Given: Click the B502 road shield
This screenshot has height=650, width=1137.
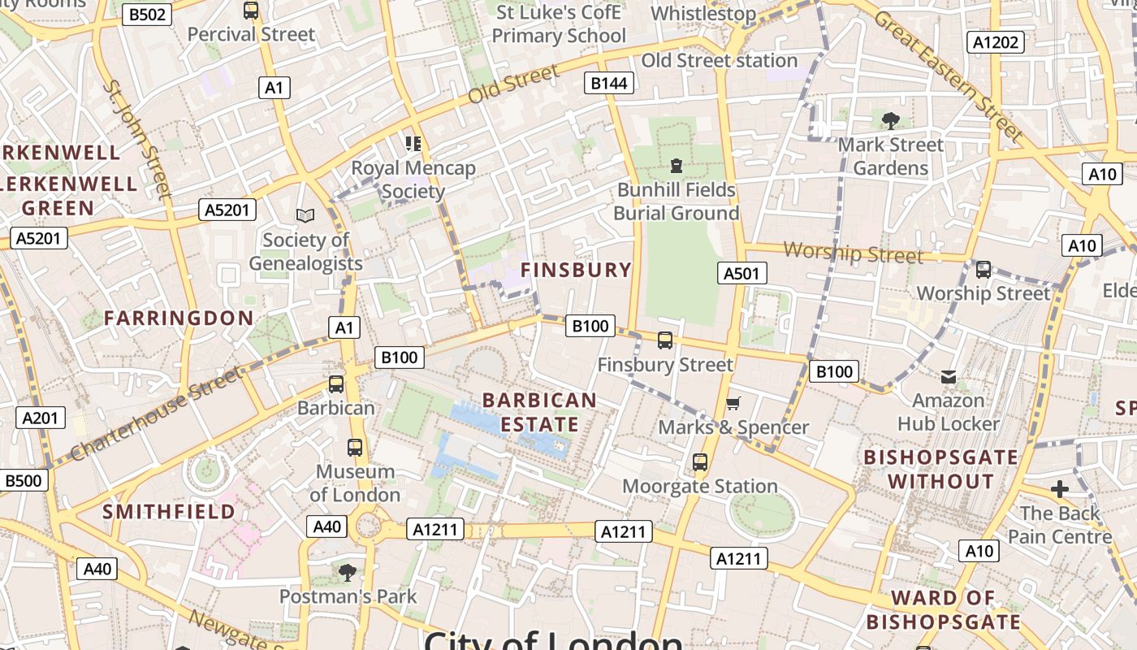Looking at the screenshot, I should tap(147, 14).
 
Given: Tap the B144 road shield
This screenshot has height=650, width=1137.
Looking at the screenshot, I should tap(609, 82).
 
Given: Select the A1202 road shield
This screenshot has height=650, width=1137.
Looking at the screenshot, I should tap(995, 41).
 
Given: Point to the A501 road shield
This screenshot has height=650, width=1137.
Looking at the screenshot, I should tap(741, 273).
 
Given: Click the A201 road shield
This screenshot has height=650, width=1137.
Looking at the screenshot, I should tap(41, 418).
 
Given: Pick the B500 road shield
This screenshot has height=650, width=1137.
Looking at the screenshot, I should tap(23, 480).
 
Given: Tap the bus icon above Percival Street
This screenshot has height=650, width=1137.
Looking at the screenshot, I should tap(251, 11).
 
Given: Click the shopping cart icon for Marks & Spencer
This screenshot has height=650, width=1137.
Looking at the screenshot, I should tap(733, 403).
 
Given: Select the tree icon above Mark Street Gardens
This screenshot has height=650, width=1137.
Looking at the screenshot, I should tap(891, 121).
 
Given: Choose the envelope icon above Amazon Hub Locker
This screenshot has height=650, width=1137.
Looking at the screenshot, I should tap(949, 376).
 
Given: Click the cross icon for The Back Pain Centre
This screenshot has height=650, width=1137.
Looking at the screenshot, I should tap(1059, 489).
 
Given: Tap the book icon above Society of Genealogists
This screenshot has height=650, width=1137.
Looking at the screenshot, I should tap(305, 215).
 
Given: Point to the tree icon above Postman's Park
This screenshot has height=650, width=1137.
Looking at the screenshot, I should tap(348, 572).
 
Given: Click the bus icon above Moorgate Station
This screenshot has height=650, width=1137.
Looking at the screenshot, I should tap(700, 462).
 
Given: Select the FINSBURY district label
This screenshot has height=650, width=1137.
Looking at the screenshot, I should tap(576, 270).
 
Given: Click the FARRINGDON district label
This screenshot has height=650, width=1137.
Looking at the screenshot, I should tap(179, 318).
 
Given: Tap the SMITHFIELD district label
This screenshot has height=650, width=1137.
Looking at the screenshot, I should tap(169, 511).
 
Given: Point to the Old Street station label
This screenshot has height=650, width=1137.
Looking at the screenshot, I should tap(720, 61).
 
